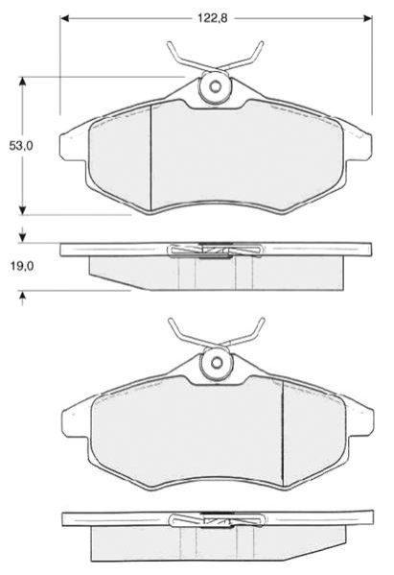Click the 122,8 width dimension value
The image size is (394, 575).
(213, 18)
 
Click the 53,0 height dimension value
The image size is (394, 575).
(21, 146)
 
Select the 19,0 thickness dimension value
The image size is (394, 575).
(21, 266)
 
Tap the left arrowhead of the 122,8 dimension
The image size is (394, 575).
(64, 18)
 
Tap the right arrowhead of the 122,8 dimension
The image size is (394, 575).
(367, 18)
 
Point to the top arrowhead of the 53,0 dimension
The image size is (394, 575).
(23, 82)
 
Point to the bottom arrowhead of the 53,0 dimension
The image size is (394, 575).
(23, 210)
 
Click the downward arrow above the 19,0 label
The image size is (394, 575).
(23, 234)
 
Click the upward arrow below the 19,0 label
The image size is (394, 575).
(23, 299)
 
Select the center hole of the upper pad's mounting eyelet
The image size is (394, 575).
(216, 86)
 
